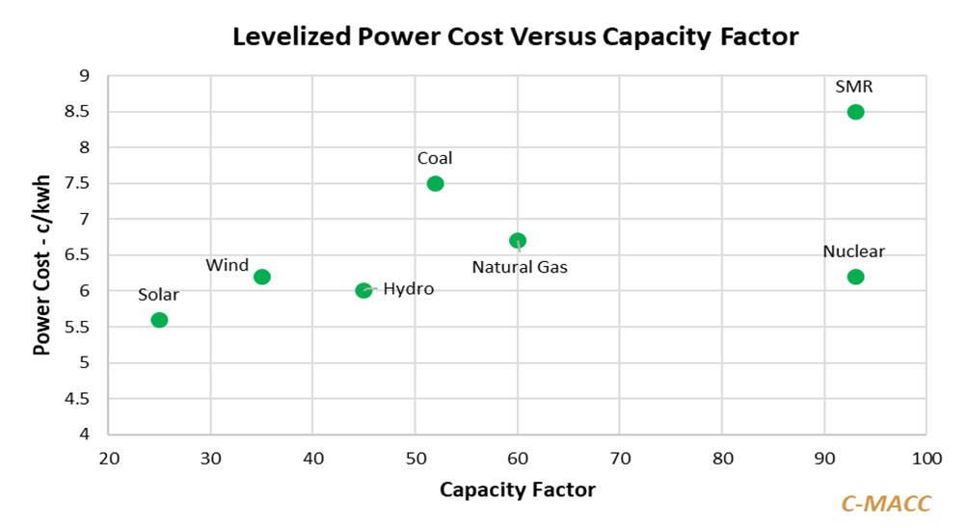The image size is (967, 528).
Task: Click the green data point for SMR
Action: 855,112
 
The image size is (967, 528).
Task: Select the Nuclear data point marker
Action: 855,277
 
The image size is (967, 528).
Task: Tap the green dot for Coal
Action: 435,184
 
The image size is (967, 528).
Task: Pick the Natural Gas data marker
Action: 518,241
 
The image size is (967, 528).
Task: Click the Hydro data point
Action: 363,291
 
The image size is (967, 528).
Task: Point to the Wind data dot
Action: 261,277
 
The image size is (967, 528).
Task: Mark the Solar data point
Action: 159,320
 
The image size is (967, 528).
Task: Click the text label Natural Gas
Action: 520,267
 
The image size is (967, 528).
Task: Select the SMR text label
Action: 854,87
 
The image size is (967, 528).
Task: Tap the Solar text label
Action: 158,295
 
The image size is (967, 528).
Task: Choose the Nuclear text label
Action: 853,252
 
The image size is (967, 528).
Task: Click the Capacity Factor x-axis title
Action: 518,489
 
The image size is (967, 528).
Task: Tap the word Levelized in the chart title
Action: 287,38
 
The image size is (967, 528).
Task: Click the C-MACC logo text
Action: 886,503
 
